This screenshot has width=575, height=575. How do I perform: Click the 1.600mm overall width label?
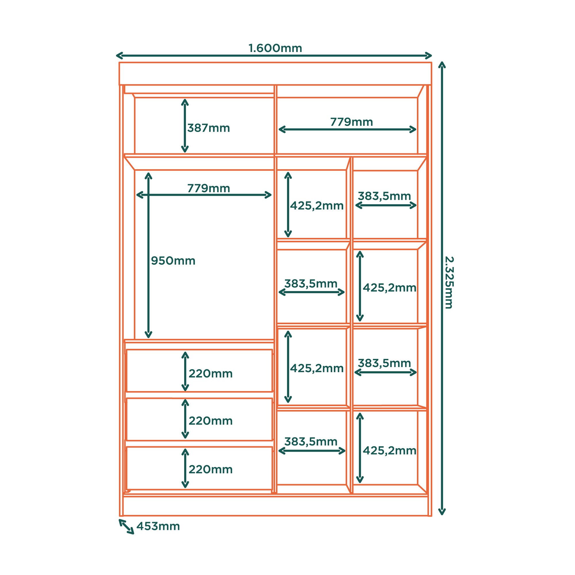(x=275, y=48)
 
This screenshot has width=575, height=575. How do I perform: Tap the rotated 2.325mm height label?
(x=449, y=282)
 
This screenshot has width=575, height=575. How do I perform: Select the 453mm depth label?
(x=158, y=526)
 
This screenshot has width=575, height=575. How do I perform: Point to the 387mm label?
(x=209, y=128)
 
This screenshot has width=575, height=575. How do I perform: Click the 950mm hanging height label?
(x=173, y=261)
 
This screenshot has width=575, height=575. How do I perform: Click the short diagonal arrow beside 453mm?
(x=126, y=527)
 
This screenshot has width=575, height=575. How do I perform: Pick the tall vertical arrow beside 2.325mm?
(x=442, y=288)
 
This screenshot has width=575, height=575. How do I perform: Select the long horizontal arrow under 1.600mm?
(x=274, y=56)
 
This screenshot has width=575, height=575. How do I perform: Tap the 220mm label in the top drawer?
(x=211, y=373)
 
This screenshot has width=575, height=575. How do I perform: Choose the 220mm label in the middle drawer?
(x=211, y=421)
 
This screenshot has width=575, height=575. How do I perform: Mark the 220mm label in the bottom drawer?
(x=211, y=469)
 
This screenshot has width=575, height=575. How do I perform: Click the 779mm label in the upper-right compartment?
(x=352, y=122)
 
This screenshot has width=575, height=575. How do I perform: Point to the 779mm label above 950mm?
(x=209, y=188)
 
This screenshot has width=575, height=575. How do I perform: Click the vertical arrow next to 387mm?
(x=185, y=126)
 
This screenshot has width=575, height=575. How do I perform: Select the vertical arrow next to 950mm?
(x=149, y=255)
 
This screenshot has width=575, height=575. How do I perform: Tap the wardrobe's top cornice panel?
(x=275, y=74)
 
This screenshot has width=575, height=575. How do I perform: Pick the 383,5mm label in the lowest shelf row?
(x=311, y=442)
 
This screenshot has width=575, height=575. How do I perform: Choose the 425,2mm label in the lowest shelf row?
(x=390, y=451)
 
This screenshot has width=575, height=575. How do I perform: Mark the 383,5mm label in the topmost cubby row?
(x=384, y=196)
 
